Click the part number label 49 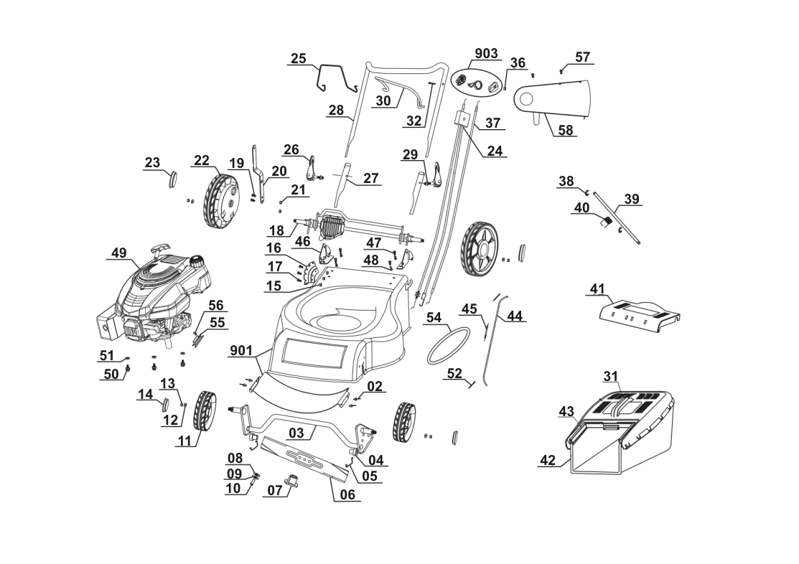coord(118,253)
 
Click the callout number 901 coord(241,351)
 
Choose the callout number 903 coord(487,55)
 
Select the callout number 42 coord(548,460)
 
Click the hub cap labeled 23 coord(172,178)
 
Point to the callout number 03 coord(297,432)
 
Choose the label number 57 coord(583,57)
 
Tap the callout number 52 coord(454,373)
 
